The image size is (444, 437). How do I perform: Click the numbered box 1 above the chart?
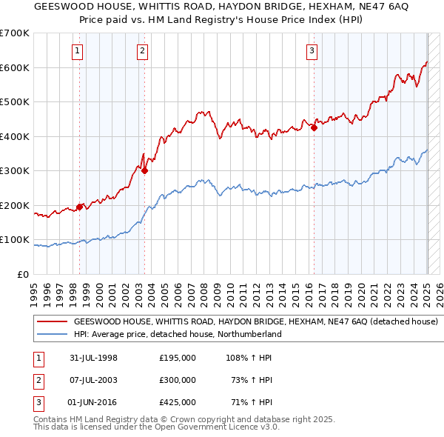click(x=78, y=51)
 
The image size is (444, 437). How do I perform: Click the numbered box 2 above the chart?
click(x=142, y=51)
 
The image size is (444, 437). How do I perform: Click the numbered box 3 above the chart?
click(x=312, y=51)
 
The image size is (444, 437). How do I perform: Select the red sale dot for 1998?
click(x=79, y=207)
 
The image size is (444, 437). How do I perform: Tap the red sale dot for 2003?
click(x=145, y=171)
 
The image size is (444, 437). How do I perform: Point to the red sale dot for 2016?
click(x=314, y=128)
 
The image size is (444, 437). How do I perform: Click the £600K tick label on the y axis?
click(x=14, y=67)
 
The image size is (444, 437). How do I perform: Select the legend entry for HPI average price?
click(x=177, y=334)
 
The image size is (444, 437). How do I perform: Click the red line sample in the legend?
click(x=53, y=322)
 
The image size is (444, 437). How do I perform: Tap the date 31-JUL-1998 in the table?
click(x=93, y=358)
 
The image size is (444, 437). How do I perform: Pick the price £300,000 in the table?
click(x=178, y=380)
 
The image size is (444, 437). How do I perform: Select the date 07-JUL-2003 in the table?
click(x=93, y=380)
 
